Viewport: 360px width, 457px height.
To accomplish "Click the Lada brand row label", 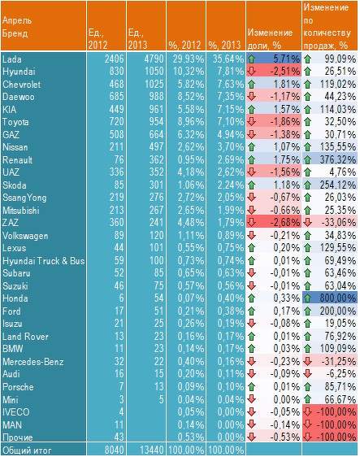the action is click(x=12, y=59).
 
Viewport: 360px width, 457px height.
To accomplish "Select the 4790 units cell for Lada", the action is click(x=154, y=59).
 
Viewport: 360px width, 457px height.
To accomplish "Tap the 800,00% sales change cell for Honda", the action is click(x=338, y=298).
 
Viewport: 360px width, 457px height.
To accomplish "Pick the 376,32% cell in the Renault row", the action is click(x=338, y=159).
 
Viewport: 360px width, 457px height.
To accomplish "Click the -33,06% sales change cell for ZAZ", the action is click(x=339, y=223).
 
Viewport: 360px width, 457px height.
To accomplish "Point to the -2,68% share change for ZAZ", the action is click(x=285, y=223).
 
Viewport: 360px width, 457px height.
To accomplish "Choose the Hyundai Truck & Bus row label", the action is click(x=43, y=260).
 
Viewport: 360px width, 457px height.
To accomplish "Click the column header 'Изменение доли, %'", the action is click(x=270, y=39).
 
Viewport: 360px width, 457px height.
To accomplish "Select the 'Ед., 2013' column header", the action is click(x=137, y=39).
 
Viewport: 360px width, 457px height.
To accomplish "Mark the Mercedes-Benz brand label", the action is click(x=33, y=362).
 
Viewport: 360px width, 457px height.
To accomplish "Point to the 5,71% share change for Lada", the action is click(x=286, y=59).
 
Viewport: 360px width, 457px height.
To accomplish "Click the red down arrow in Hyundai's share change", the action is click(x=252, y=72).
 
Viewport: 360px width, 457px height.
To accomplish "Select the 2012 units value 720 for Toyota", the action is click(x=115, y=122).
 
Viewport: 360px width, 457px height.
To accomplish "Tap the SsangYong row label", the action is click(x=24, y=198).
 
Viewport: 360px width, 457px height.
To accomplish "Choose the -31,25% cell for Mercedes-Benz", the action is click(x=339, y=362).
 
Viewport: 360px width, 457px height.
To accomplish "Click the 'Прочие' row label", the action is click(x=18, y=437).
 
